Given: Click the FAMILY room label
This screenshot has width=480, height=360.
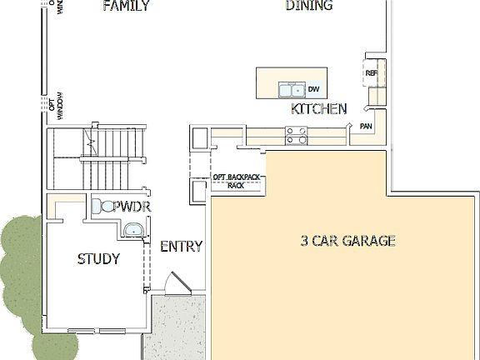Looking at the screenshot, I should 126,7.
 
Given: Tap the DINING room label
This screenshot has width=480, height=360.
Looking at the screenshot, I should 309,6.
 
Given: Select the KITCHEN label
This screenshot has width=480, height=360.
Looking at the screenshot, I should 318,109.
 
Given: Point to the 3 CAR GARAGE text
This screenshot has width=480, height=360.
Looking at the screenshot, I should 347,242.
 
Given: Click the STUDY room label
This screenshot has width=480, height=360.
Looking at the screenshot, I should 98,259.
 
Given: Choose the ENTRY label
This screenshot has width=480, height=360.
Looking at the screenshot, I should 181,246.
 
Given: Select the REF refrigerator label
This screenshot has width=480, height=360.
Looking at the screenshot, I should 372,73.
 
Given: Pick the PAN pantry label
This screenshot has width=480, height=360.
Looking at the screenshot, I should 365,126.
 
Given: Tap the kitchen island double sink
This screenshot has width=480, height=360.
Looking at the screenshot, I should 291,88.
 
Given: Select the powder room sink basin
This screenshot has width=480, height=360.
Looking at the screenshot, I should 132,230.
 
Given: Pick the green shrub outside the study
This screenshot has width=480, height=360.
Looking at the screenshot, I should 17,275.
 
